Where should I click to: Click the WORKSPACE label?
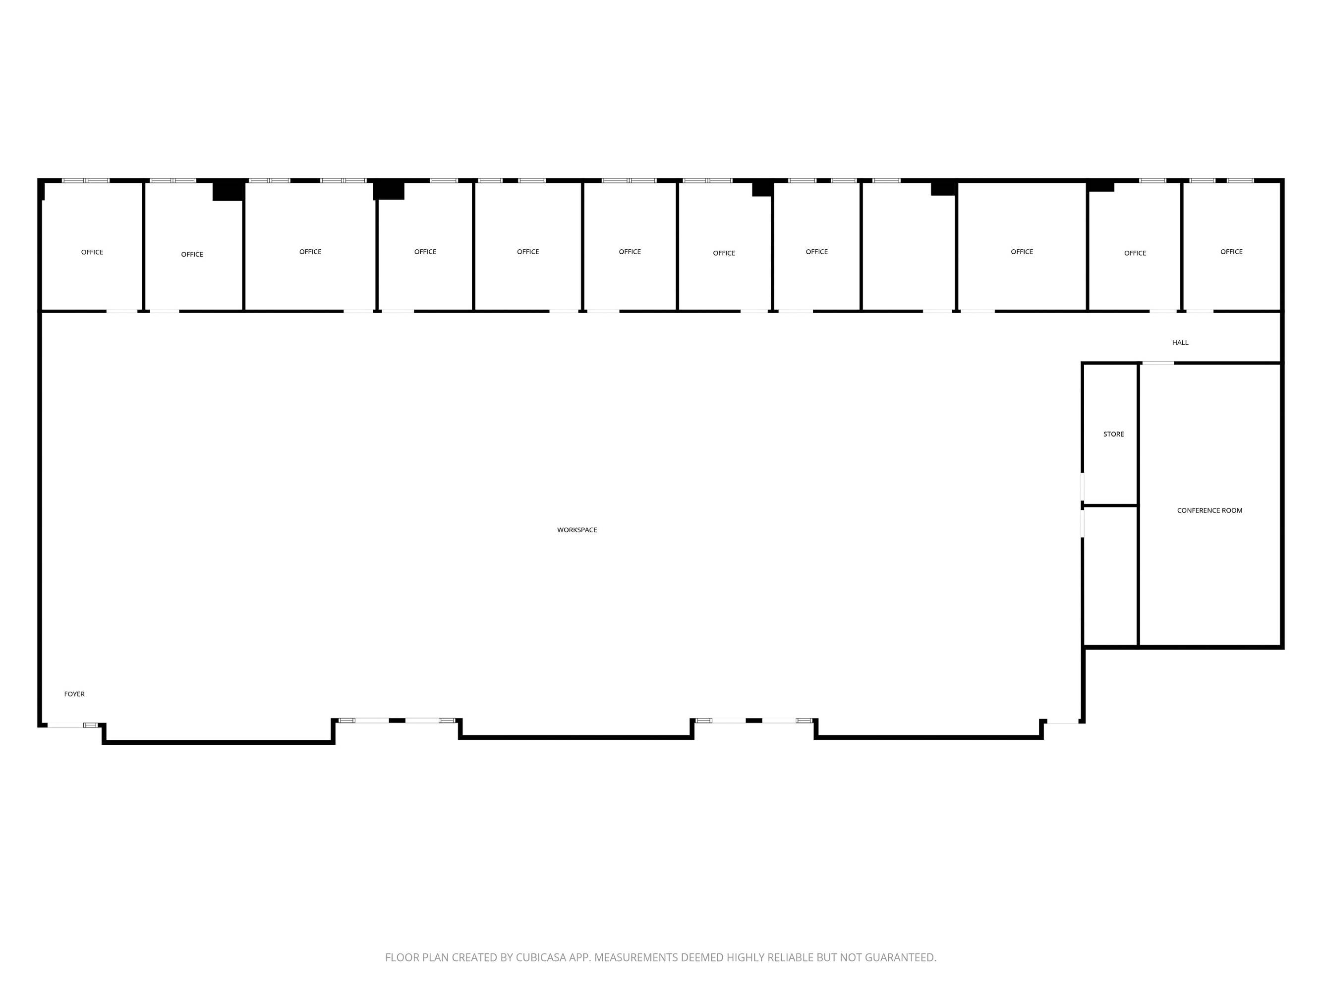click(x=576, y=530)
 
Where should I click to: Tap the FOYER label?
click(x=74, y=694)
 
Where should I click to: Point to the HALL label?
click(x=1180, y=342)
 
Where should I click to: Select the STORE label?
click(x=1113, y=434)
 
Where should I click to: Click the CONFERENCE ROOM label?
click(x=1209, y=510)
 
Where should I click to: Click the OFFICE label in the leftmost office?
click(x=92, y=252)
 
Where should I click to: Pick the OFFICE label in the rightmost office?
click(x=1231, y=252)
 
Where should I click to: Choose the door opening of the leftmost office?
click(x=122, y=311)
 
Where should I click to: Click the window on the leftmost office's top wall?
click(x=85, y=180)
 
